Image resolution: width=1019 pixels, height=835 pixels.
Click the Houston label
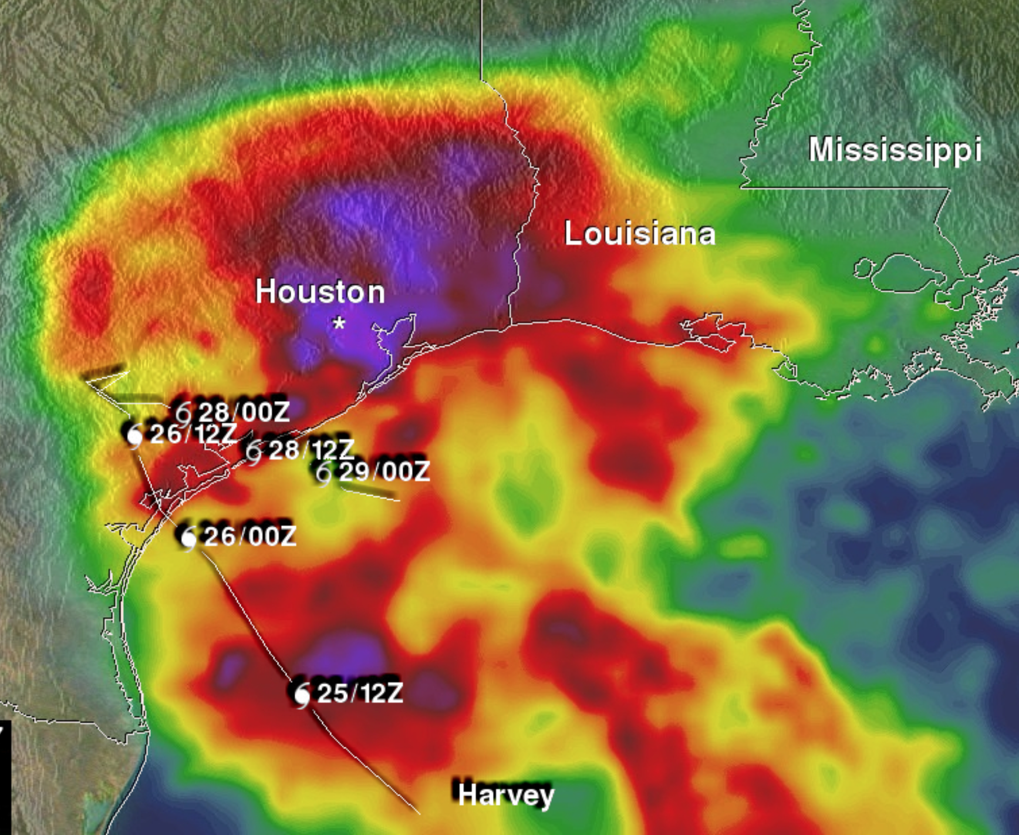[x=320, y=292]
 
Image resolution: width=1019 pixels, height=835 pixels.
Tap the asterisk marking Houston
[x=339, y=323]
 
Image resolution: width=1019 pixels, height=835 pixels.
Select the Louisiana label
[x=639, y=234]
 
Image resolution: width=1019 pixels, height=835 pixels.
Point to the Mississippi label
[x=895, y=149]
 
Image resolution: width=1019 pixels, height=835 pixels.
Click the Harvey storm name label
[x=505, y=794]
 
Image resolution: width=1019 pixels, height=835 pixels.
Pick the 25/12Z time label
[x=360, y=693]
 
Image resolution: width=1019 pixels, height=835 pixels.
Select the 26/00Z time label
[x=249, y=536]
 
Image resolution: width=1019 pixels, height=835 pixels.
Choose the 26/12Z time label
[x=193, y=434]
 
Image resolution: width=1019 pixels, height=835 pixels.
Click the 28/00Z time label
[x=244, y=412]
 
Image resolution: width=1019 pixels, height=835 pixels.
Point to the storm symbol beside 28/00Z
[x=184, y=413]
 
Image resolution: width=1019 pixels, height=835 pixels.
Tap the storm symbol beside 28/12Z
[x=254, y=452]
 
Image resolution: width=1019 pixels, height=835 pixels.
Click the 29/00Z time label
[x=384, y=471]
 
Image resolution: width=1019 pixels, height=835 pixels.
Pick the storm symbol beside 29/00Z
[x=323, y=473]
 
